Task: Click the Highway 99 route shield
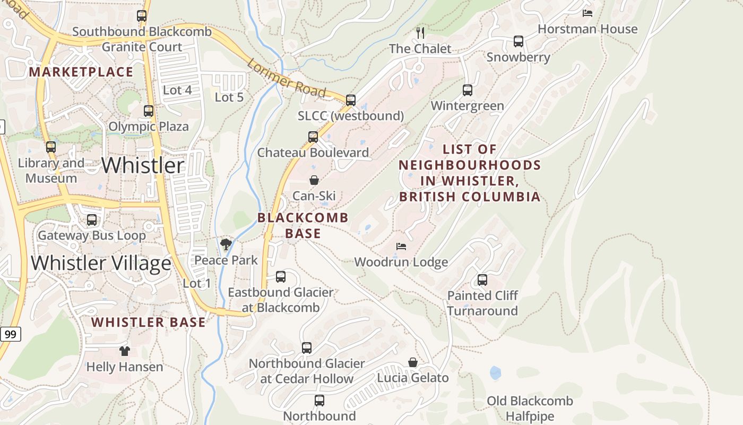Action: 10,334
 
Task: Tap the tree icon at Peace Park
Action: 226,244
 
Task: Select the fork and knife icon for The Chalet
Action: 420,33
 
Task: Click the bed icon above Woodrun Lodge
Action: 401,246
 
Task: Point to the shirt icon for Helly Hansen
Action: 124,351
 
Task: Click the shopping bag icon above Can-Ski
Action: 314,180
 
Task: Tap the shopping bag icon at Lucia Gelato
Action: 413,362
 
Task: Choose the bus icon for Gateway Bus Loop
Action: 92,220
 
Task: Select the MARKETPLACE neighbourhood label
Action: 81,72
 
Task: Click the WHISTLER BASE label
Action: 148,322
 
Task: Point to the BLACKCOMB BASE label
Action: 303,225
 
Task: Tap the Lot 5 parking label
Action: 229,97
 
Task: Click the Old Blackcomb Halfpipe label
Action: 530,409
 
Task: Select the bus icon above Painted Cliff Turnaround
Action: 482,280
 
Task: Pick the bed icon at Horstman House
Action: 587,13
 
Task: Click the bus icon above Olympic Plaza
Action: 149,111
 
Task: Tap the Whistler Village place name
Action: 101,263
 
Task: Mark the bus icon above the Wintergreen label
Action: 467,90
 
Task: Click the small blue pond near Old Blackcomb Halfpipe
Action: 495,372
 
